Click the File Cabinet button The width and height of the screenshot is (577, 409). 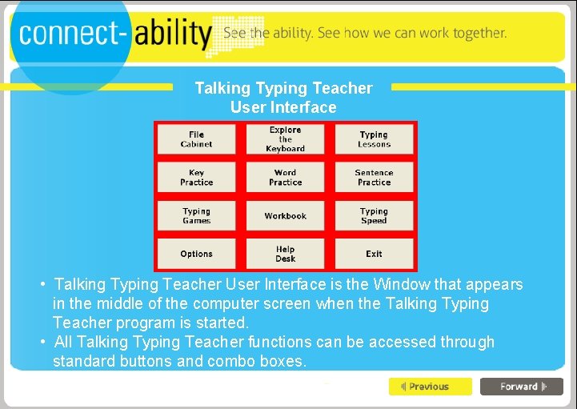[x=197, y=139]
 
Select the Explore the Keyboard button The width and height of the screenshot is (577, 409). [x=286, y=139]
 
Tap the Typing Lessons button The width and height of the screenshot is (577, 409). [x=374, y=139]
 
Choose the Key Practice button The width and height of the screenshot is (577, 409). [x=197, y=178]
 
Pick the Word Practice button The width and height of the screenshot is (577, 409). [x=286, y=178]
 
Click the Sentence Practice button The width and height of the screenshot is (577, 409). [x=374, y=178]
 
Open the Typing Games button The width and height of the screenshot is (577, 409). [x=197, y=216]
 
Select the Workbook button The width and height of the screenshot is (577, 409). [x=286, y=216]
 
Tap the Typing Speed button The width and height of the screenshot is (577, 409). [x=374, y=216]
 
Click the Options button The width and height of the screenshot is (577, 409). [x=197, y=254]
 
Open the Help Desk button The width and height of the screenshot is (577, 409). [x=286, y=254]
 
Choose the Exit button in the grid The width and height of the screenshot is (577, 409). [x=374, y=254]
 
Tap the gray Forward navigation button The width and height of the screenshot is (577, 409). [x=522, y=387]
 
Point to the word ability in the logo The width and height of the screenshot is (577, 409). [x=173, y=35]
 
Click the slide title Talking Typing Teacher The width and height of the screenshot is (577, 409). [x=283, y=88]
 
